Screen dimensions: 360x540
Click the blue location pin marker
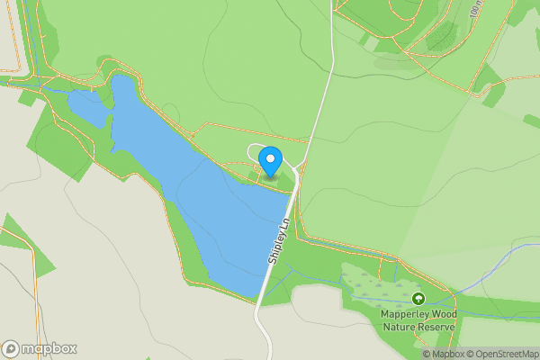269,163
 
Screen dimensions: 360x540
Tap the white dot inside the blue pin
269,158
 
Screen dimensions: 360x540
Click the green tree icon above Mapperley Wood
417,298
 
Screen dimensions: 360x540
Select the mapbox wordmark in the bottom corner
49,349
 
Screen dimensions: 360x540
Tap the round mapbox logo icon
11,349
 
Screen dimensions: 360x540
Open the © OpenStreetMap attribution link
499,354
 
